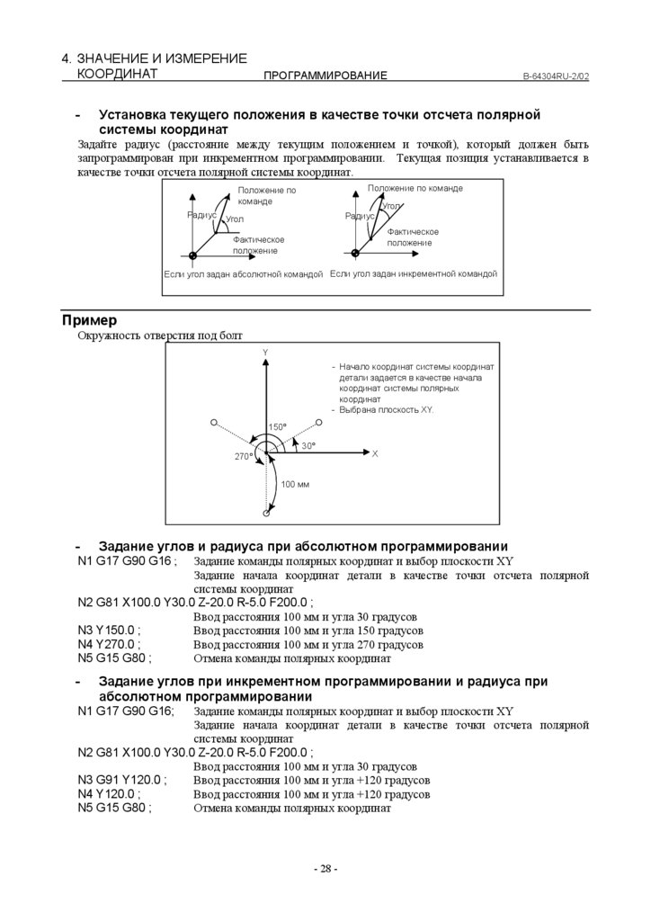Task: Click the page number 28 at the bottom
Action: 325,869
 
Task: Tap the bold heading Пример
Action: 90,320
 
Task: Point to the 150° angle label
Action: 277,426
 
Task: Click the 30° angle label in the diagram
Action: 308,446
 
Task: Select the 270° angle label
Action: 244,457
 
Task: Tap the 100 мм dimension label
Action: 295,485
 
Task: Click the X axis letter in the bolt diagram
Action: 375,454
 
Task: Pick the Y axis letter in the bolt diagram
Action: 265,352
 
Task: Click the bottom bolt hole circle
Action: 266,514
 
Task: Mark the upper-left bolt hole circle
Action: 213,421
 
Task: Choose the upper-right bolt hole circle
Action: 319,421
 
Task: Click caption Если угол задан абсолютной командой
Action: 243,273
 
